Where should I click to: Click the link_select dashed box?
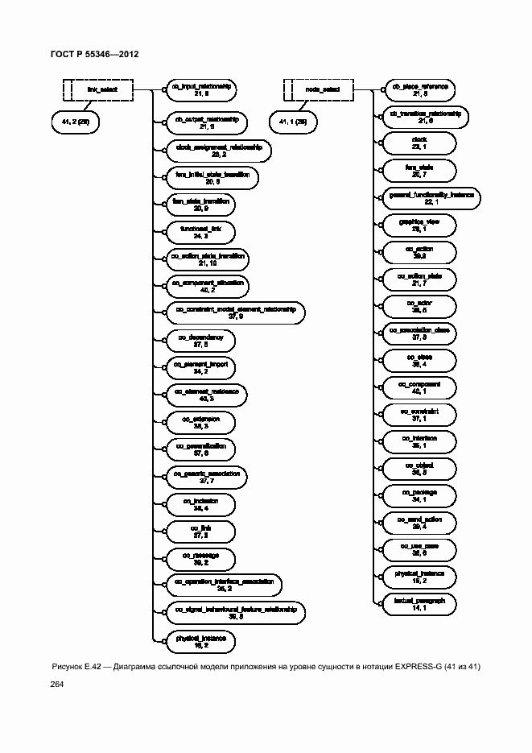pos(98,89)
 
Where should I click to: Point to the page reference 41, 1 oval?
pos(293,122)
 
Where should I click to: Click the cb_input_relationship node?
pos(201,89)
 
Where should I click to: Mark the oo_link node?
pos(200,531)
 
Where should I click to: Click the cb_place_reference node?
pos(419,89)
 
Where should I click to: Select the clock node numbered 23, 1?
pos(419,143)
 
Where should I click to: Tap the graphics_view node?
pos(419,225)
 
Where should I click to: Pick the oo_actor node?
pos(419,306)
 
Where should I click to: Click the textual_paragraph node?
pos(419,604)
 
